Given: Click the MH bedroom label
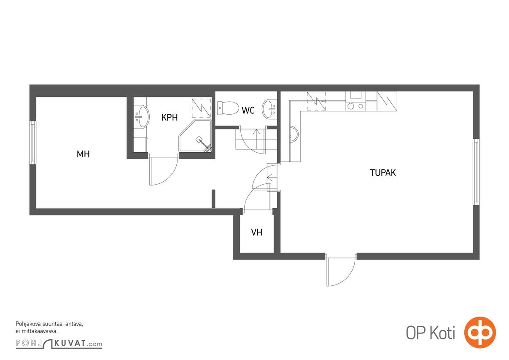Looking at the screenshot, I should coord(83,154).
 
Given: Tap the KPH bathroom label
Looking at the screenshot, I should coord(170,118).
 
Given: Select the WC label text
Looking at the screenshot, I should coord(248,110).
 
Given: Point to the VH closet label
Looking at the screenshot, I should coord(256,232).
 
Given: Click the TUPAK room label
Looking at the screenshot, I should coord(382,172).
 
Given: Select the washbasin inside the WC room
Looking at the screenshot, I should coord(269,109).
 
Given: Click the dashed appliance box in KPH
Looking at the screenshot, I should coord(202,108).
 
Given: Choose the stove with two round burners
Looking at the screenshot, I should coord(355,106).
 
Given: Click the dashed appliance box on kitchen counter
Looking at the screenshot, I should coord(316,101).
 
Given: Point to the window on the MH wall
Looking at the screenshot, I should coord(32,143).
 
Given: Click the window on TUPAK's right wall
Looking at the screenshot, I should coord(476,172).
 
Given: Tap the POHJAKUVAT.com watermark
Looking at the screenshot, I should coord(59,344).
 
